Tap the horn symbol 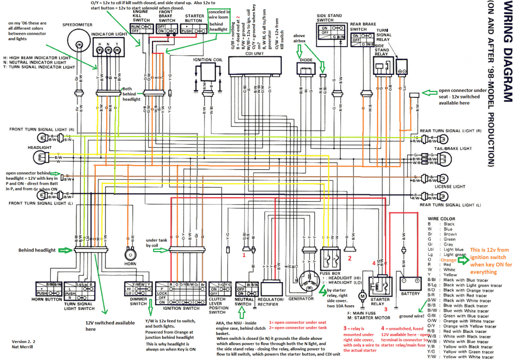point(132,254)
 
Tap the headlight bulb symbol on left point(39,157)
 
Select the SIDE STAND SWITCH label point(329,19)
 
